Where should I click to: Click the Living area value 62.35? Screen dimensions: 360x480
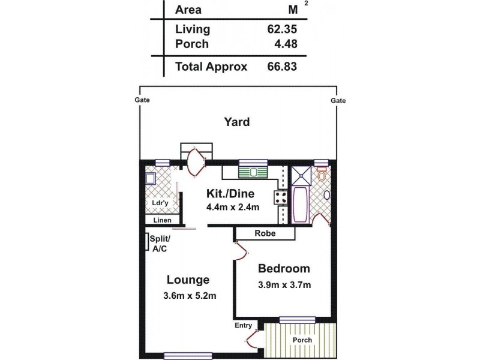coord(281,29)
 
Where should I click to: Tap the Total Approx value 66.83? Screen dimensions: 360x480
coord(281,67)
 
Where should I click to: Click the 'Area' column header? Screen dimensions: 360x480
coord(188,10)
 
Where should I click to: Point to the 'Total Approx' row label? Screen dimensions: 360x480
coord(211,67)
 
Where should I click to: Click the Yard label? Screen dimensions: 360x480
coord(236,122)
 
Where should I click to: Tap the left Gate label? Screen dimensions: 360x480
coord(142,101)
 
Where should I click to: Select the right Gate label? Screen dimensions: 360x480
coord(338,101)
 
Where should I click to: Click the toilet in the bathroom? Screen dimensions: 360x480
coord(322,175)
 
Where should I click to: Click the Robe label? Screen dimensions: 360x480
coord(265,233)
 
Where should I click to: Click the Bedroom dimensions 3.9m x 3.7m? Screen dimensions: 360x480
coord(284,285)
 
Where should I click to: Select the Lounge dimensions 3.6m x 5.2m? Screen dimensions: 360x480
coord(188,295)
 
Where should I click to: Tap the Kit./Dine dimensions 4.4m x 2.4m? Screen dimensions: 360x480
coord(232,208)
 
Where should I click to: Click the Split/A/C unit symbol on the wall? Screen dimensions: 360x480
coord(148,241)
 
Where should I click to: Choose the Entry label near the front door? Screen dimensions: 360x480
coord(244,325)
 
